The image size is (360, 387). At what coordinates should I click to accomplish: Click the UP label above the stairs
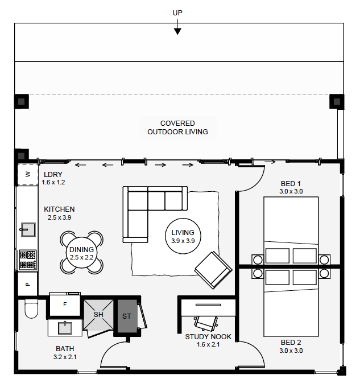(177, 13)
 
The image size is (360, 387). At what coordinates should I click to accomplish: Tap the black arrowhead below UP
(177, 31)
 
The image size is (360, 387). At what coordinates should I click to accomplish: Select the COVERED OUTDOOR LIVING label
(177, 127)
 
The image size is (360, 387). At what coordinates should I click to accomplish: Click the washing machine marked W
(27, 174)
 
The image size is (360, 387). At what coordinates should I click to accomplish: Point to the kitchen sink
(27, 230)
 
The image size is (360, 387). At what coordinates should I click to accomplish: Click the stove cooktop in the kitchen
(27, 260)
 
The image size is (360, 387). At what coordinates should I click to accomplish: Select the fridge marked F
(65, 304)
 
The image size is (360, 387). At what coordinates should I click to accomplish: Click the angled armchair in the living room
(213, 269)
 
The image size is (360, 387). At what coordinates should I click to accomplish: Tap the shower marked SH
(98, 315)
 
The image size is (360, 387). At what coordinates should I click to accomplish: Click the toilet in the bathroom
(30, 310)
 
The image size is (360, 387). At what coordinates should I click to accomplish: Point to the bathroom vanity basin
(65, 327)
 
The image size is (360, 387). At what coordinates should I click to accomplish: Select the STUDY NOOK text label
(208, 337)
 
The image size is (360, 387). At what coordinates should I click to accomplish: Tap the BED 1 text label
(291, 184)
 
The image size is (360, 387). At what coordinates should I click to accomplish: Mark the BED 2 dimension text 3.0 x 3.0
(291, 351)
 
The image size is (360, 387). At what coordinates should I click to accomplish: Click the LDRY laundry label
(53, 175)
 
